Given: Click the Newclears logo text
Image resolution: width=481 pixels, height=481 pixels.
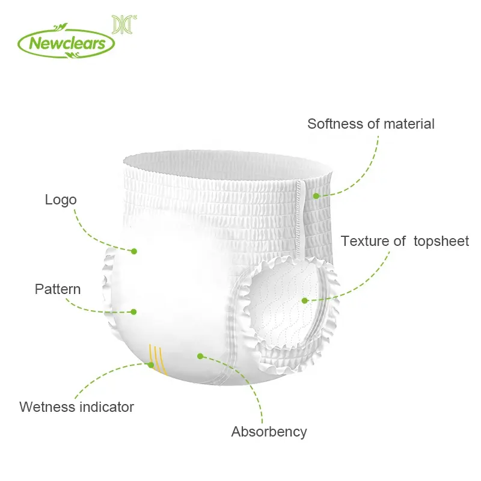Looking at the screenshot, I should click(x=66, y=43).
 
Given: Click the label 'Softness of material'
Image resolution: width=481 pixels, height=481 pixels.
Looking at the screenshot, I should click(x=370, y=124).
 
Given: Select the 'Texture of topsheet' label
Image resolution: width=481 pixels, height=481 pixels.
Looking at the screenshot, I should click(x=405, y=241).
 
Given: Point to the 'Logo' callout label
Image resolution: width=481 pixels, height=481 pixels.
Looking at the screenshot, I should click(x=61, y=200).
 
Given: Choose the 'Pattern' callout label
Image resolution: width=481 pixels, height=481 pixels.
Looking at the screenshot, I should click(x=58, y=289).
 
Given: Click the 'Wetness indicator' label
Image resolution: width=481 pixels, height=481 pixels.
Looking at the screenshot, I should click(x=76, y=406).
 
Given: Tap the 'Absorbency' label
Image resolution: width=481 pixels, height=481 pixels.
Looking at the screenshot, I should click(x=269, y=431).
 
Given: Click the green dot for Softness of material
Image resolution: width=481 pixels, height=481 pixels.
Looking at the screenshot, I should click(x=316, y=195).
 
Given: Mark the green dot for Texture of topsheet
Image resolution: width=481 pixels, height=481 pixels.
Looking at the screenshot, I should click(x=305, y=299).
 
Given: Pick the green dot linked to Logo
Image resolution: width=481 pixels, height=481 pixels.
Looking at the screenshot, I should click(x=134, y=251).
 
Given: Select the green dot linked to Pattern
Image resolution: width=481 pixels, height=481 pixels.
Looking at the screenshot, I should click(x=134, y=311).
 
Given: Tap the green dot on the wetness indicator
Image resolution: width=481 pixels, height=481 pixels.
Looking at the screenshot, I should click(x=151, y=364).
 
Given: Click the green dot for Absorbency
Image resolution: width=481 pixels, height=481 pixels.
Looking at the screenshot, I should click(x=200, y=355).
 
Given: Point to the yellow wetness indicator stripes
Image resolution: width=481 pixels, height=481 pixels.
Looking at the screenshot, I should click(x=158, y=358).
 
